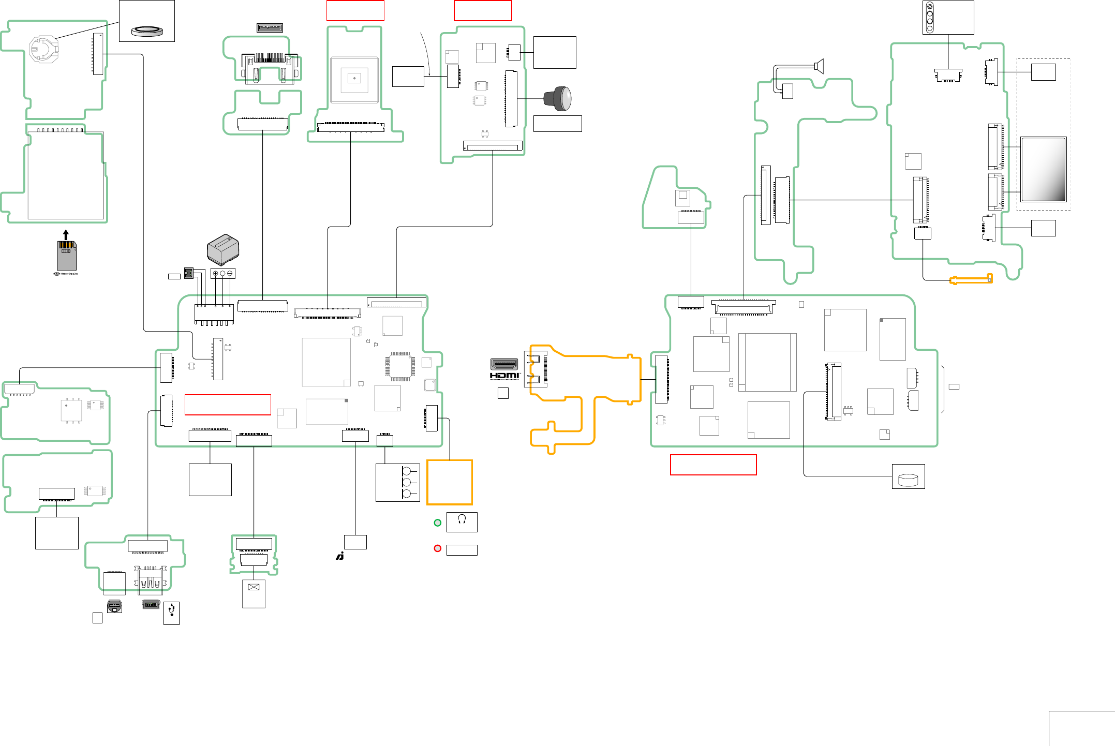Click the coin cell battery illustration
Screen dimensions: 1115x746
click(x=147, y=31)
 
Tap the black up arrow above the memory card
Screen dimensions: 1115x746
click(x=66, y=235)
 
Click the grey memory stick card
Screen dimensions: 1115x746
click(x=66, y=255)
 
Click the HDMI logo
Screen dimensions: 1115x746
click(x=504, y=376)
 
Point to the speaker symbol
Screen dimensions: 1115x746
click(x=819, y=66)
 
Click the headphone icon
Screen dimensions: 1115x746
click(x=462, y=519)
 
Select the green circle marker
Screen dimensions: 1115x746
click(x=438, y=523)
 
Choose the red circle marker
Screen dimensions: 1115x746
click(x=438, y=548)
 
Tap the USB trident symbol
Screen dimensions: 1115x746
click(x=171, y=611)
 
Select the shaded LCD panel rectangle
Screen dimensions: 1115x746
click(x=1043, y=169)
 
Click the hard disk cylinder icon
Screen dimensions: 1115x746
click(x=908, y=480)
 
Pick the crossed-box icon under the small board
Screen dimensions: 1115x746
click(x=254, y=587)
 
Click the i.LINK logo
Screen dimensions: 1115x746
click(x=340, y=556)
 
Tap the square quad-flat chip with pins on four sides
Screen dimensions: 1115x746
click(x=400, y=366)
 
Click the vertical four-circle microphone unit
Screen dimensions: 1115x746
click(x=930, y=18)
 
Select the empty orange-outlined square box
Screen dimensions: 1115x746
click(x=450, y=482)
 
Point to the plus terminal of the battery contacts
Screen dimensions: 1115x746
click(x=216, y=273)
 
